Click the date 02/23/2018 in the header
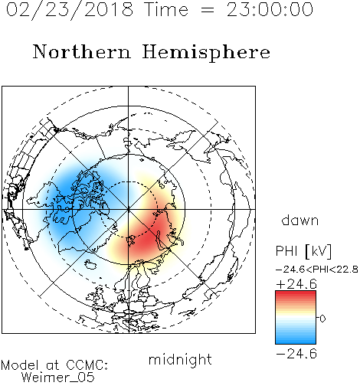70,10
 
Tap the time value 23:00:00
270,10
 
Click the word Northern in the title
82,52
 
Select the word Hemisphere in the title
206,53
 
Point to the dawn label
300,220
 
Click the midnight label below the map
180,359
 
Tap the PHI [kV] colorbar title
304,251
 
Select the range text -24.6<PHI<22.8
317,270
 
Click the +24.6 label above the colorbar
296,284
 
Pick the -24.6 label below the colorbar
296,354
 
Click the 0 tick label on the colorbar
322,319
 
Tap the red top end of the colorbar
296,293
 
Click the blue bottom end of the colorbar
296,342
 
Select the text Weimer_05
58,378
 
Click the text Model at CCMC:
54,365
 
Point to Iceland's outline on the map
90,264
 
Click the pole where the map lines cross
128,210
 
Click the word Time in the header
166,10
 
